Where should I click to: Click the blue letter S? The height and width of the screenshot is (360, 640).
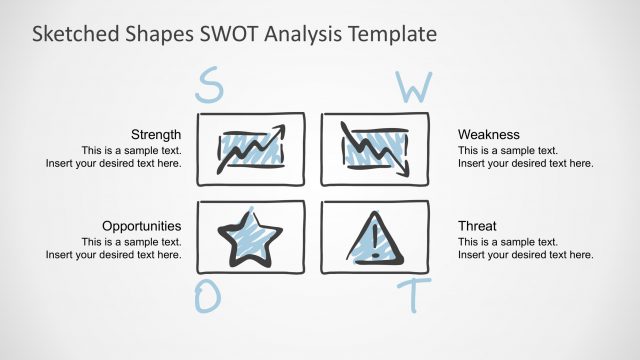coord(209,87)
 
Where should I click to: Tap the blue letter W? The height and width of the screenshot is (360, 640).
coord(413,88)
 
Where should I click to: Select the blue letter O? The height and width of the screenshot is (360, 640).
coord(206,297)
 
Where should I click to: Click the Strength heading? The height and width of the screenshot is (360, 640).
coord(156,134)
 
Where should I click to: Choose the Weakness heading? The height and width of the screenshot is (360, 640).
coord(489,134)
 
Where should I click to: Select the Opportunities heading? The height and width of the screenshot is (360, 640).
coord(141,226)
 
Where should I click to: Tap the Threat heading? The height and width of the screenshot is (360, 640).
coord(477,226)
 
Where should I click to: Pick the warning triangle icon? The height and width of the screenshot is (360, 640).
coord(375,241)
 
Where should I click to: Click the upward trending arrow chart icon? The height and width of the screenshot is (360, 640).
coord(251,149)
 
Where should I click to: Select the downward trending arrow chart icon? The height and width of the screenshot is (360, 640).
coord(375,149)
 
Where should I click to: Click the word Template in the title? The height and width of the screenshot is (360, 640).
coord(389,34)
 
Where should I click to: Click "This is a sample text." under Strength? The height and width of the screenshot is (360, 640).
coord(131,149)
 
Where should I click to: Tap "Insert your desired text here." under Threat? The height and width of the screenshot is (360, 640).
coord(526,255)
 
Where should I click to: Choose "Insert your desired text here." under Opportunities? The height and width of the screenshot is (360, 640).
coord(114,255)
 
